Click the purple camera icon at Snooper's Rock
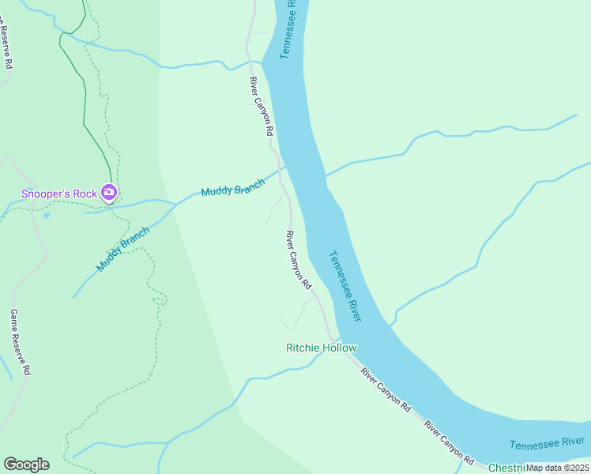point(110,192)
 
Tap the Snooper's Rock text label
point(58,193)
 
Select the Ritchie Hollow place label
point(321,348)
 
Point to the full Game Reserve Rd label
point(20,341)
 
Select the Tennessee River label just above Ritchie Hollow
point(344,286)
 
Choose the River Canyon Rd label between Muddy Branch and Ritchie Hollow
point(299,259)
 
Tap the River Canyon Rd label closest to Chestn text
point(449,442)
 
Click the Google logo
point(26,465)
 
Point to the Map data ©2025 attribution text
point(556,468)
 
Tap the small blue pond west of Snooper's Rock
point(47,215)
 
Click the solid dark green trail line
point(84,95)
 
